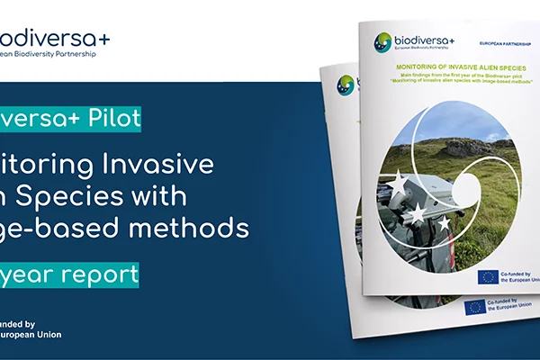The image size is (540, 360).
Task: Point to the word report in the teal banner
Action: tap(98, 274)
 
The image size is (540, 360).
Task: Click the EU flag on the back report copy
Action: tap(474, 307)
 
